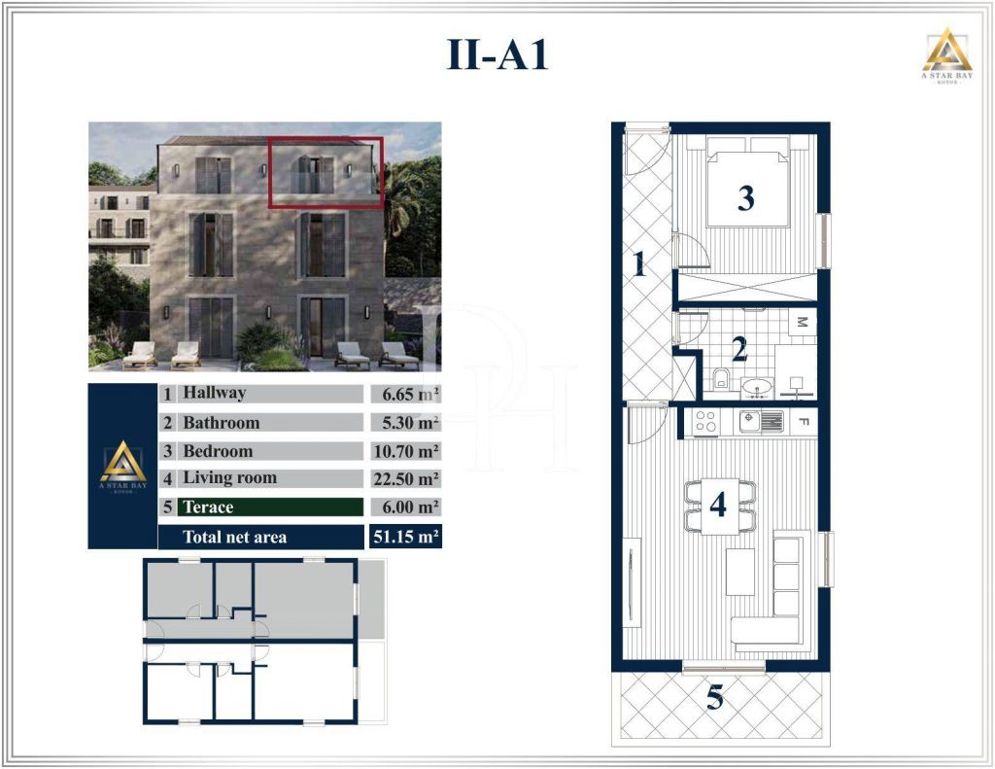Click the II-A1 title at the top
click(497, 54)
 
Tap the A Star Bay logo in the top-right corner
click(946, 55)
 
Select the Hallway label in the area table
click(214, 393)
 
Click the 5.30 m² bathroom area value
click(406, 423)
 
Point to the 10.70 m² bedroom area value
click(406, 451)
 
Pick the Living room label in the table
click(229, 478)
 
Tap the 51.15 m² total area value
click(406, 537)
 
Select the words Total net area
click(235, 538)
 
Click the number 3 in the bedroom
click(746, 197)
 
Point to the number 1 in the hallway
click(639, 264)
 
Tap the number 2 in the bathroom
click(739, 349)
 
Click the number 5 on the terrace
click(714, 698)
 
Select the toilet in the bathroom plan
click(722, 378)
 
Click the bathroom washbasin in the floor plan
click(757, 387)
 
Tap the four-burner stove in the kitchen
click(705, 422)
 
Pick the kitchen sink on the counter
click(761, 420)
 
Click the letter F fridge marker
click(803, 421)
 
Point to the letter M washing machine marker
click(802, 323)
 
